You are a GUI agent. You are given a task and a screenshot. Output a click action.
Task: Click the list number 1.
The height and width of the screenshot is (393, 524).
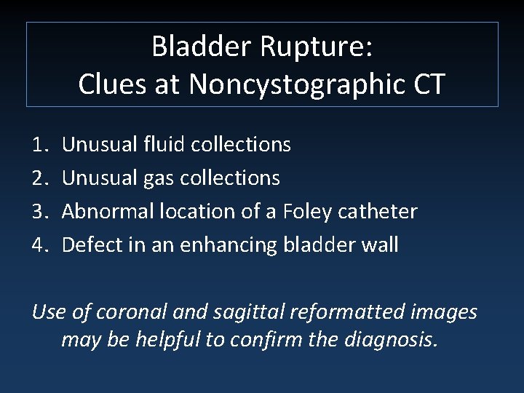pyautogui.click(x=41, y=145)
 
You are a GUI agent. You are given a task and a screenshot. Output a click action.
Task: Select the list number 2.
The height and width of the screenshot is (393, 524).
pyautogui.click(x=41, y=178)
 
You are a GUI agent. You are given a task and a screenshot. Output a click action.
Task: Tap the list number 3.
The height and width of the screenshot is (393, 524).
pyautogui.click(x=41, y=211)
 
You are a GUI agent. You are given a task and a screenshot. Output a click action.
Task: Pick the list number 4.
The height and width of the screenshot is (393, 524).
pyautogui.click(x=41, y=245)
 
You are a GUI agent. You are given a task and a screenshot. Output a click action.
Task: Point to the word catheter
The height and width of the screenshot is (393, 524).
pyautogui.click(x=379, y=211)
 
